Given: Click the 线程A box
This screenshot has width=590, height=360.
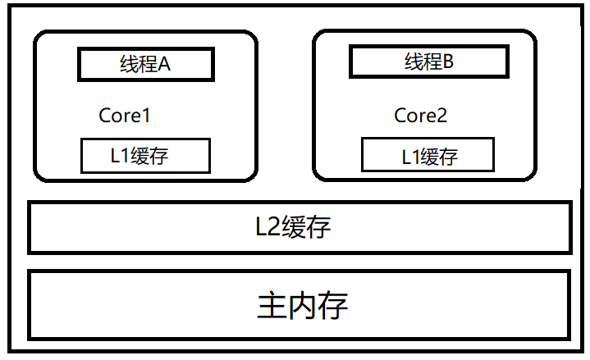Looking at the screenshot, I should coord(145,64).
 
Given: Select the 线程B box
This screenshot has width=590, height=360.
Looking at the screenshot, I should coord(428,62).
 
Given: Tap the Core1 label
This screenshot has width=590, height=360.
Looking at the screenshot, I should coord(125,116).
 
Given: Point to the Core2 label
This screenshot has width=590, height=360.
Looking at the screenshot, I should coord(421,116).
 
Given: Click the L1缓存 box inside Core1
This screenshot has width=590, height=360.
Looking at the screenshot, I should coord(145,156).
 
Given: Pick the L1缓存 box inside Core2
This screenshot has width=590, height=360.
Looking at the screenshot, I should coord(428,156).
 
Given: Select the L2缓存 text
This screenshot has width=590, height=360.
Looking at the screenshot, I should coord(294,227).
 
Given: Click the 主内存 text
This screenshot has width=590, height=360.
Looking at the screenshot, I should coord(302,306).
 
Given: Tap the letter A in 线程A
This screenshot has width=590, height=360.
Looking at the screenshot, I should coord(163,65).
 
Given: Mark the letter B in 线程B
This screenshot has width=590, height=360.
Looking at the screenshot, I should coord(447,62).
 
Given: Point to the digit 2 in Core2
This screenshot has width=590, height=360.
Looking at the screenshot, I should coord(441,116).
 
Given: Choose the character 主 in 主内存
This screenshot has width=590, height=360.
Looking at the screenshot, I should coord(272,306).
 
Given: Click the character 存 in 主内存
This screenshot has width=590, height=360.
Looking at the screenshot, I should coord(333,306).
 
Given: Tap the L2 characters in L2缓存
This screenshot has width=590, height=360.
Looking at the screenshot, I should coord(268,227).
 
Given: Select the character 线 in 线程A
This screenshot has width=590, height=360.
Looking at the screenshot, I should coord(129,65).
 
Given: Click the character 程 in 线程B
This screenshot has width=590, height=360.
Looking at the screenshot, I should coord(431,62).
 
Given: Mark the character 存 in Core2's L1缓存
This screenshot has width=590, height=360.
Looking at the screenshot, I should coord(447,156).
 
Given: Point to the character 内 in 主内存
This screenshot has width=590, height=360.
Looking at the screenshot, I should coord(302,306).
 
